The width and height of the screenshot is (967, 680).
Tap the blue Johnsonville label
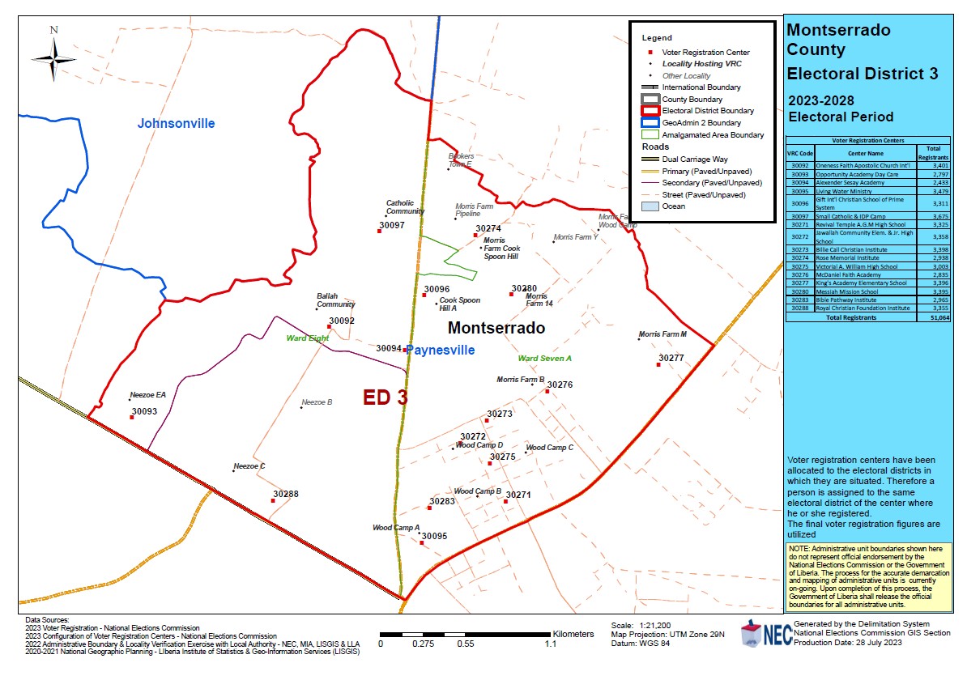coord(176,124)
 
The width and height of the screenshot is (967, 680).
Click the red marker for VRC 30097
coord(379,231)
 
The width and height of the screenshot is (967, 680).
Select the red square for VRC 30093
coord(132,418)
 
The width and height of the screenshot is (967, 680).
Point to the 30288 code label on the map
coord(285,493)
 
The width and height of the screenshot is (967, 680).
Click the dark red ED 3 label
coord(385,397)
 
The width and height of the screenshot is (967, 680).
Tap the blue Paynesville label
coord(440,351)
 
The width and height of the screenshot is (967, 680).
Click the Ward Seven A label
coord(544,358)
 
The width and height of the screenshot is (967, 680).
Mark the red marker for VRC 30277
coord(658,364)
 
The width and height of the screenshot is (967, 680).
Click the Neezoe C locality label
coord(249,466)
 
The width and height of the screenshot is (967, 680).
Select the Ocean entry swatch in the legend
coord(648,206)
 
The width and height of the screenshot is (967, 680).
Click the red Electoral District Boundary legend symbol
coord(648,111)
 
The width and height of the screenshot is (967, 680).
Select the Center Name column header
coord(865,152)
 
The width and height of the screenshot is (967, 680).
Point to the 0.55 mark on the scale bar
coord(465,644)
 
